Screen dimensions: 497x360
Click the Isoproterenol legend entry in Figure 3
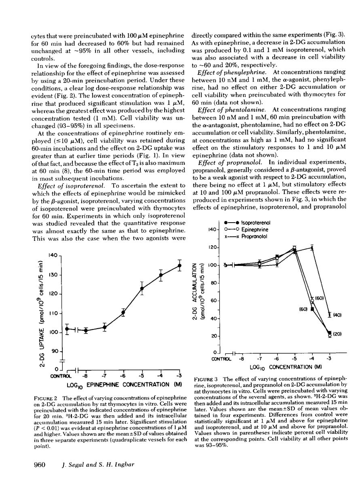247,222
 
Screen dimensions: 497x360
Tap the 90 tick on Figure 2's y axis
55,352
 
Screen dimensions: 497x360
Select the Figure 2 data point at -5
142,289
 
